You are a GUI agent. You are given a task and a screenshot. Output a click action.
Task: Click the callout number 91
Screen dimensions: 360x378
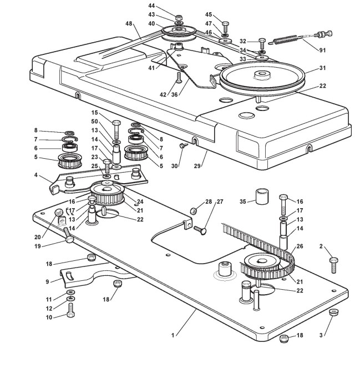coord(322,50)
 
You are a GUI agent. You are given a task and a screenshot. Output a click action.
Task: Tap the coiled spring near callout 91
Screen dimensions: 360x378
coord(285,40)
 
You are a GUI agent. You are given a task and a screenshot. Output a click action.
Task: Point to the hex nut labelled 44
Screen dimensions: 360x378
coord(178,18)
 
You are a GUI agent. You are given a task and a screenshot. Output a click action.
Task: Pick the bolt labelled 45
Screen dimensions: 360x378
coord(226,27)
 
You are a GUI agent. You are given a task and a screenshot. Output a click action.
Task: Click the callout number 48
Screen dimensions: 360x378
coord(129,23)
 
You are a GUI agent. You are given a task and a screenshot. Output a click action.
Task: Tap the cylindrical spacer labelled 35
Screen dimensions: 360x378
coord(262,196)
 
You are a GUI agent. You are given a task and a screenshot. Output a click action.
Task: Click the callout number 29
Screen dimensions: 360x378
coord(197,166)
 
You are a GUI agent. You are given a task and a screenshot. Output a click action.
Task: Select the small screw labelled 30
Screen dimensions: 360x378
coord(182,145)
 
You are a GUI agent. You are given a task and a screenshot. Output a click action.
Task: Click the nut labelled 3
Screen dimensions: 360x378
coord(333,312)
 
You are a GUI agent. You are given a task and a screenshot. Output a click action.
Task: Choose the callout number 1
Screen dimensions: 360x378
coord(173,335)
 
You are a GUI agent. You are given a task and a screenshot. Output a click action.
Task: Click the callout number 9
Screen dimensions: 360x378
coord(47,281)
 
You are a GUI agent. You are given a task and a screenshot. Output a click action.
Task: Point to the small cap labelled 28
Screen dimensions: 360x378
coord(193,211)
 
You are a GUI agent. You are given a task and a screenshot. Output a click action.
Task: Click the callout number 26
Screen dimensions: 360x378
coord(300,246)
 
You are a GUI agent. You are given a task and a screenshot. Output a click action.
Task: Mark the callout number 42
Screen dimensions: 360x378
coord(163,94)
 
